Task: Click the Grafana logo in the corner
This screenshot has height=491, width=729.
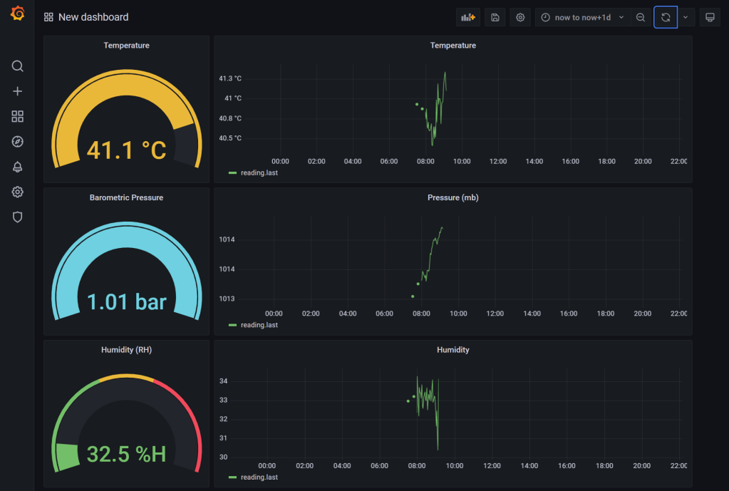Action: (x=18, y=14)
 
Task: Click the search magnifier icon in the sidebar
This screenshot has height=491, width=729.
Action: (x=18, y=66)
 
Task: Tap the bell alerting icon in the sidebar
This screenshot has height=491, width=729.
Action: (x=18, y=167)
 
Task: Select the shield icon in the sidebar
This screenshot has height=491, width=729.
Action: (x=18, y=217)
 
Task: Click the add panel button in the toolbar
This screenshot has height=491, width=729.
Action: (x=468, y=17)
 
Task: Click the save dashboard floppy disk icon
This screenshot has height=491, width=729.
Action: (x=495, y=17)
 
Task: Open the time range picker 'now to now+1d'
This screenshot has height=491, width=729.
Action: (x=581, y=17)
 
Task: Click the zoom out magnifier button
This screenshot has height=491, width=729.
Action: (x=641, y=17)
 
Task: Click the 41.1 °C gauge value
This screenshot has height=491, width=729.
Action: (x=126, y=150)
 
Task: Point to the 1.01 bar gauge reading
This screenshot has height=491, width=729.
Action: (x=126, y=301)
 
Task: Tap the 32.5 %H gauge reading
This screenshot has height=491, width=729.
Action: (x=126, y=453)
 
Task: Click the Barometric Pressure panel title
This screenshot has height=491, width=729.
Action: (x=126, y=197)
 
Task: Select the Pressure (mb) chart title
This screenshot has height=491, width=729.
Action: (x=453, y=197)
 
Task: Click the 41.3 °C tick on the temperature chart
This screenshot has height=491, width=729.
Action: (x=230, y=78)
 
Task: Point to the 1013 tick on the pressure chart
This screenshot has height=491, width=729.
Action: (x=227, y=299)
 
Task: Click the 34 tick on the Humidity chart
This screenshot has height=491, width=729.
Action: (x=223, y=381)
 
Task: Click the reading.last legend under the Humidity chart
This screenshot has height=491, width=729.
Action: (x=259, y=477)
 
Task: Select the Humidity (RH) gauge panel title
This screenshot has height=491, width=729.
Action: (x=126, y=350)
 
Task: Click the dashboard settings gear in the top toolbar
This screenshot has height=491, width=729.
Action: (x=520, y=17)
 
